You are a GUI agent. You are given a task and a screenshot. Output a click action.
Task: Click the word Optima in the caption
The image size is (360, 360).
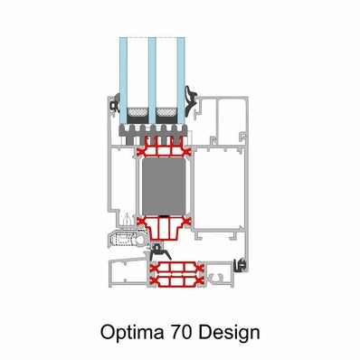click(132, 333)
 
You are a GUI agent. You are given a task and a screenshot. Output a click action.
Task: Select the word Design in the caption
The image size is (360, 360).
click(229, 333)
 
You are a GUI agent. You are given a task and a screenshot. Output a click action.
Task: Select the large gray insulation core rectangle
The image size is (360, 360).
click(164, 186)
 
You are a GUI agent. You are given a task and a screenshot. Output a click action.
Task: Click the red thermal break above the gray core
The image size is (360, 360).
click(164, 148)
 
